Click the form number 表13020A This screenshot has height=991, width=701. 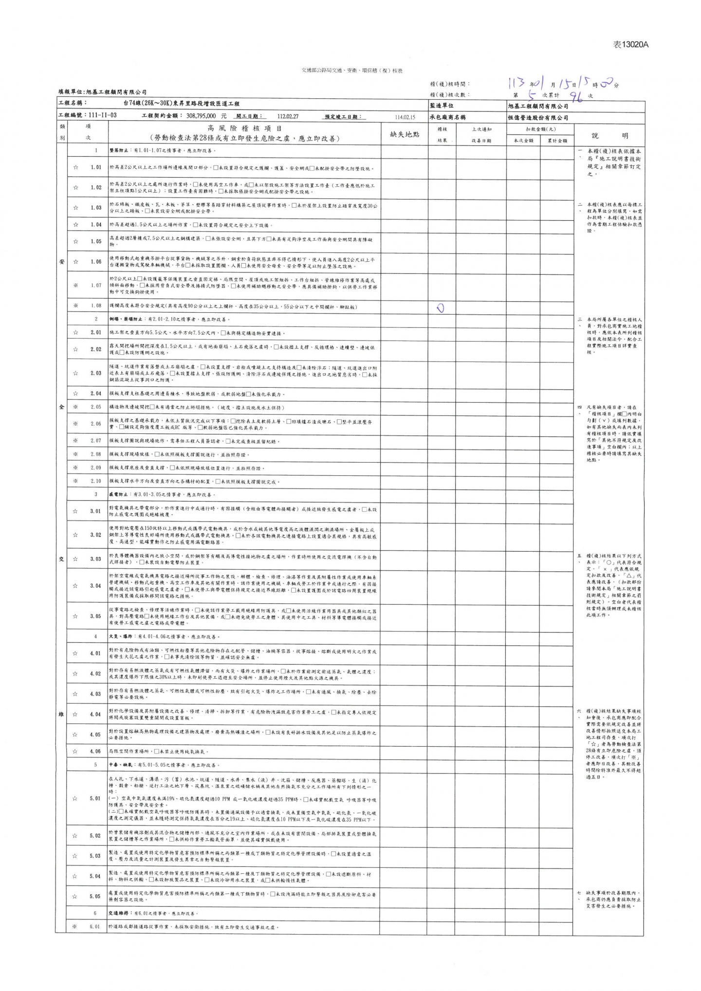pyautogui.click(x=630, y=45)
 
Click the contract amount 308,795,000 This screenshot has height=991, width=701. pyautogui.click(x=201, y=117)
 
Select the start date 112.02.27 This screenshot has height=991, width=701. pyautogui.click(x=288, y=117)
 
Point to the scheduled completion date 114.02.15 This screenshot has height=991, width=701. pyautogui.click(x=405, y=117)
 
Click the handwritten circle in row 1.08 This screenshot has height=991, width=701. pyautogui.click(x=441, y=307)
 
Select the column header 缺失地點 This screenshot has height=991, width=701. pyautogui.click(x=405, y=134)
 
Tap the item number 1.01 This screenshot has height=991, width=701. pyautogui.click(x=96, y=168)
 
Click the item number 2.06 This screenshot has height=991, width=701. pyautogui.click(x=96, y=424)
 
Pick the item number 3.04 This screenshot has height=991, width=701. pyautogui.click(x=95, y=586)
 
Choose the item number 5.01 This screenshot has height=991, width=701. pyautogui.click(x=95, y=798)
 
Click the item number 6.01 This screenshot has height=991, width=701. pyautogui.click(x=95, y=927)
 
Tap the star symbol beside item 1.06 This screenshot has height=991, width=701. pyautogui.click(x=75, y=262)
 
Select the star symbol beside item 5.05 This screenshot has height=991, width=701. pyautogui.click(x=75, y=896)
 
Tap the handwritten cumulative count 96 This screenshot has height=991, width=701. pyautogui.click(x=577, y=96)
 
